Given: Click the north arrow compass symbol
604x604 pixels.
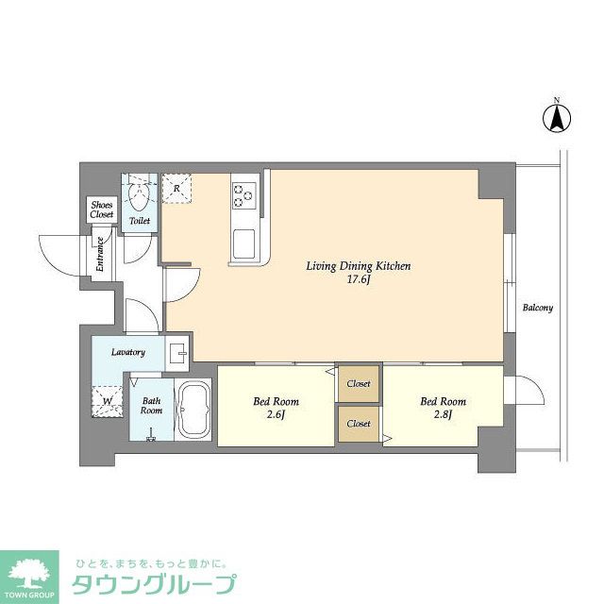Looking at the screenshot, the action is point(557,117).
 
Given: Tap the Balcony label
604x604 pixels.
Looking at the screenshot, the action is point(538,308).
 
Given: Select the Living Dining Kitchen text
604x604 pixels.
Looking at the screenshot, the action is point(359,266).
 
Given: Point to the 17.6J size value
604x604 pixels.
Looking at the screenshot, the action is point(359,279).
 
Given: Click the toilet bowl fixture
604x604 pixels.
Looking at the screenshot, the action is point(140,196).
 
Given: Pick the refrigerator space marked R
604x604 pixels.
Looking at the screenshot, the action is point(176,189).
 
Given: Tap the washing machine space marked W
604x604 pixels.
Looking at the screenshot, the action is point(108,401).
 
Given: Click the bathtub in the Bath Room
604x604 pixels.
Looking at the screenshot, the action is point(193,410).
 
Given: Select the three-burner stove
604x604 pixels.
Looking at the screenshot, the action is point(244,195).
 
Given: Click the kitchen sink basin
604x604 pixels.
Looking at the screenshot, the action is point(243,244).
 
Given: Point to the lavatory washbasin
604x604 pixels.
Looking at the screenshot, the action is point(177,353).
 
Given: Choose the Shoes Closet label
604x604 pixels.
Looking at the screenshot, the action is point(102,210).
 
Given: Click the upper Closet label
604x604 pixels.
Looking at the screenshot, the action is point(359,384).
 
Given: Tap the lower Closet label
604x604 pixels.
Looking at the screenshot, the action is point(359,424).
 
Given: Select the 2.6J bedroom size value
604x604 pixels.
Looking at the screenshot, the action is point(276,415).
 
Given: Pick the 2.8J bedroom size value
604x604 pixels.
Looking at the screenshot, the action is point(443,415).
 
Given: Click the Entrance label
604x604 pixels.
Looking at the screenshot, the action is point(100,254).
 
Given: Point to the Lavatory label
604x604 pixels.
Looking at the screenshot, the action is point(128,352).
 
